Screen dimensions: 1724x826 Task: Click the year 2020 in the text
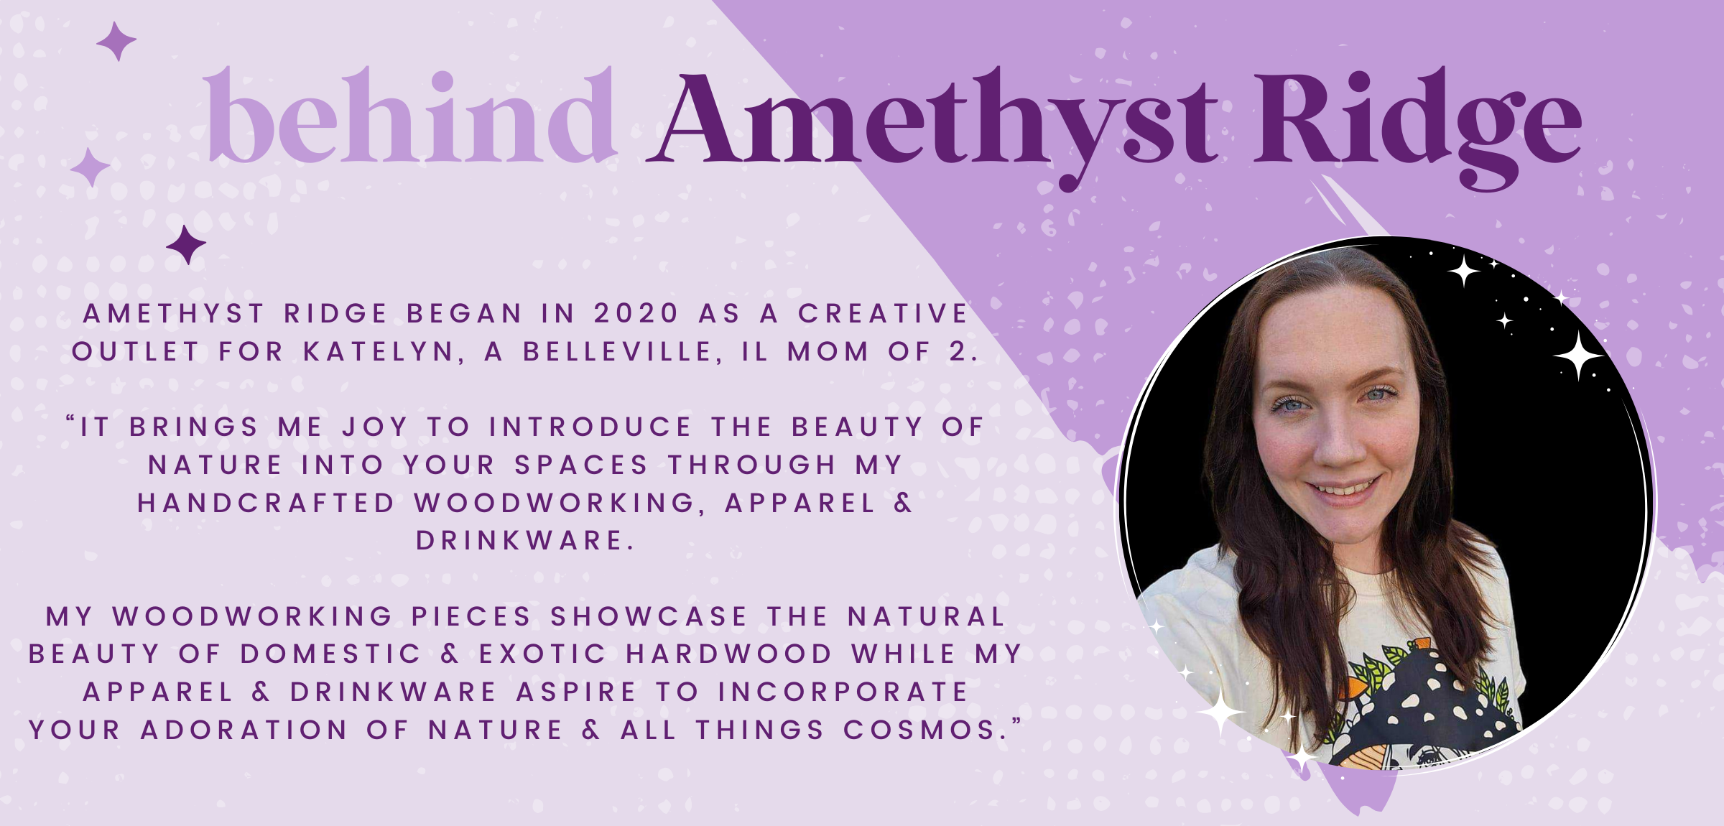(x=636, y=313)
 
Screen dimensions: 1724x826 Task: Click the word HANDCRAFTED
(x=267, y=503)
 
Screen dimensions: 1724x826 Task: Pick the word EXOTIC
(x=543, y=654)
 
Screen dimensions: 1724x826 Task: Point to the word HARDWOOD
(x=729, y=654)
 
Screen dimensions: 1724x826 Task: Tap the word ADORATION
(x=244, y=730)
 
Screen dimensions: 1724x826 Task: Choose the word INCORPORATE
(x=843, y=692)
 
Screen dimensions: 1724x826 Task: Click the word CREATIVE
(x=884, y=313)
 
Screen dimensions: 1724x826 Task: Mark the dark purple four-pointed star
(x=186, y=245)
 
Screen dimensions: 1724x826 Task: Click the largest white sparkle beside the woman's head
(x=1579, y=355)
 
